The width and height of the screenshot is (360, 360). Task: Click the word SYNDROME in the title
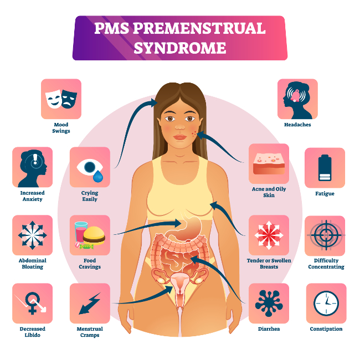coord(180,48)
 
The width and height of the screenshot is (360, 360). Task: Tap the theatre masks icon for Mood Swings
coord(61,99)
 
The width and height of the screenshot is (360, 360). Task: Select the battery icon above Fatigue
coord(325,168)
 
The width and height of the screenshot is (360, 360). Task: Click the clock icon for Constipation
coord(326,303)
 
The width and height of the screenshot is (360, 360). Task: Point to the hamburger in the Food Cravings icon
coord(94,235)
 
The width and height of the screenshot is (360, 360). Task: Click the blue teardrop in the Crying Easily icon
coord(98,176)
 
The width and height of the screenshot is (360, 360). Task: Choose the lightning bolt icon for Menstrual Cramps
coord(90,304)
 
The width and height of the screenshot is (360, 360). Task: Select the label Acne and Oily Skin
coord(269,192)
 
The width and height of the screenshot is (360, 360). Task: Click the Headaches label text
coord(297,125)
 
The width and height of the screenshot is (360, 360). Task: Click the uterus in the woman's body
coord(180,285)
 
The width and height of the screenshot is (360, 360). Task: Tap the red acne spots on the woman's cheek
coord(194,133)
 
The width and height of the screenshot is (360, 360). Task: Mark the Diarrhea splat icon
coord(269,303)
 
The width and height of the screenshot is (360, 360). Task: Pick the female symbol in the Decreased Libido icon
coord(32,303)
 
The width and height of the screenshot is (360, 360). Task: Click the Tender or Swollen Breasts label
coord(269,264)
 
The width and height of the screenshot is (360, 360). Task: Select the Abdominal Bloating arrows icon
coord(32,235)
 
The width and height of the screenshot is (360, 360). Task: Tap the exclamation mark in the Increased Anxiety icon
coord(35,158)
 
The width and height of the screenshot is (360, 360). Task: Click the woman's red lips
coord(180,137)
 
